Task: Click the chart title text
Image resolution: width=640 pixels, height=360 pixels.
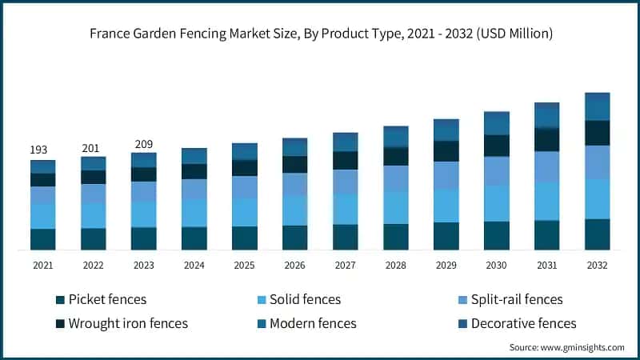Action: [x=320, y=34]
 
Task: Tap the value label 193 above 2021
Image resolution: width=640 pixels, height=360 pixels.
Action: [x=38, y=150]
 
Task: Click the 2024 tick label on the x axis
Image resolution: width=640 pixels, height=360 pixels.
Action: [x=194, y=265]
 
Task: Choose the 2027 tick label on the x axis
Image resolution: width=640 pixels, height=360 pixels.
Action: [x=346, y=265]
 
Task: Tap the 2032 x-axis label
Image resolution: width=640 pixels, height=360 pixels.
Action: [x=598, y=265]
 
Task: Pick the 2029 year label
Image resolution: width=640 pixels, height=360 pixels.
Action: [x=446, y=265]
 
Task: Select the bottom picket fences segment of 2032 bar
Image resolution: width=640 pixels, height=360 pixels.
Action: [x=598, y=234]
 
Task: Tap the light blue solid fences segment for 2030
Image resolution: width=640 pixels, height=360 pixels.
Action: [x=497, y=203]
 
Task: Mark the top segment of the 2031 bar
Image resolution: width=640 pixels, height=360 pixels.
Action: [x=547, y=115]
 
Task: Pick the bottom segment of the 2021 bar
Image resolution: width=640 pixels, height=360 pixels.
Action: [x=43, y=239]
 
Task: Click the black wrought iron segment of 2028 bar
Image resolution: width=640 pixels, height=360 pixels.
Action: [x=396, y=156]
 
